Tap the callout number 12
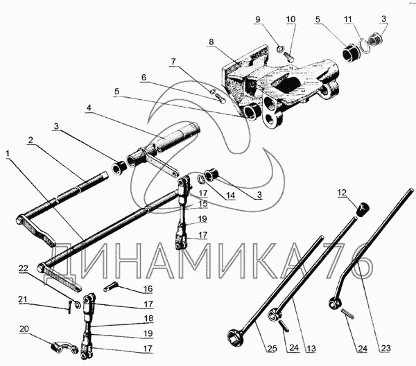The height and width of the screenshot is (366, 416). (341, 192)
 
